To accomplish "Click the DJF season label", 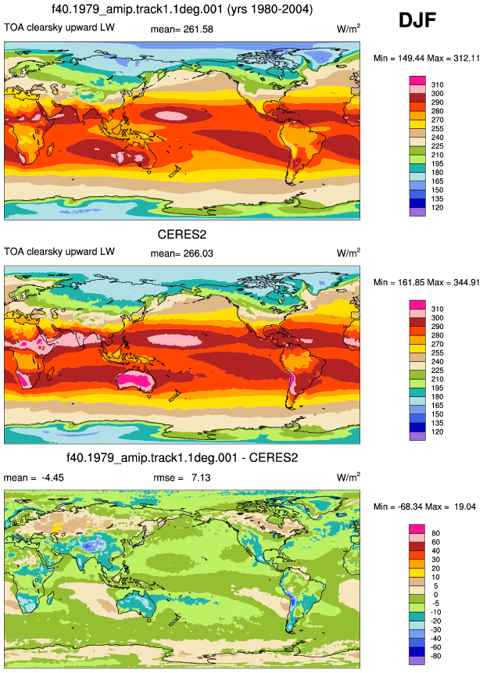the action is point(417,20).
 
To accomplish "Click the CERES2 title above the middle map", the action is point(182,234).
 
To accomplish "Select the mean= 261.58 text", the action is point(181,29).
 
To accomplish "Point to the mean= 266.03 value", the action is point(181,253).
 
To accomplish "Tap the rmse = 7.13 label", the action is point(181,478).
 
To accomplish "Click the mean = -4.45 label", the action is point(34,478).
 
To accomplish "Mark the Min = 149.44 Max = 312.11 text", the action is point(426,58).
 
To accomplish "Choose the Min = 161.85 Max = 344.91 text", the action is point(426,282).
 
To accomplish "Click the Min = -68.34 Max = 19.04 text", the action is point(424,507).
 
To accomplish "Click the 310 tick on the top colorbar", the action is point(437,85).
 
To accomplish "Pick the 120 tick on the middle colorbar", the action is point(437,431).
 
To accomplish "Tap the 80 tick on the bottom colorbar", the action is point(436,534).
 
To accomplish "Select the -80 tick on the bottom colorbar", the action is point(436,656).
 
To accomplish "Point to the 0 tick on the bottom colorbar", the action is point(436,595).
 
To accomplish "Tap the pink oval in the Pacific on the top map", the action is point(171,115).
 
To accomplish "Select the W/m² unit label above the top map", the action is point(349,28).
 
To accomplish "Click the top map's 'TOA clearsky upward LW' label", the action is point(59,27).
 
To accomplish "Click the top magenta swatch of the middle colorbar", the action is point(417,305).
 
